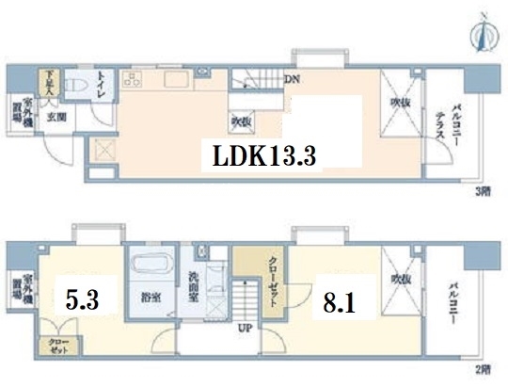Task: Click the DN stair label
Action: click(x=294, y=79)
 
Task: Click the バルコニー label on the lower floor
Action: click(x=452, y=303)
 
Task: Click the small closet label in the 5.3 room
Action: click(x=51, y=347)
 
